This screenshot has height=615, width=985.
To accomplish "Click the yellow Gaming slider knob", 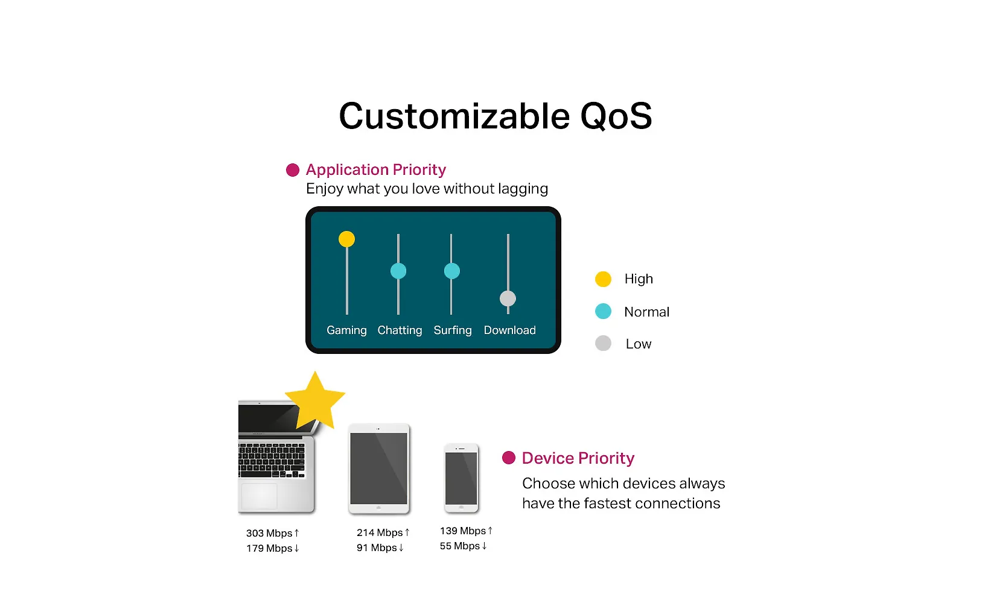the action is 346,239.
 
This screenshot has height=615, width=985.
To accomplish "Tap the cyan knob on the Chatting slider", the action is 398,271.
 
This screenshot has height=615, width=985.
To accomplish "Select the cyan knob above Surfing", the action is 451,271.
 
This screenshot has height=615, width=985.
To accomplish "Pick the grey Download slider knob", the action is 508,298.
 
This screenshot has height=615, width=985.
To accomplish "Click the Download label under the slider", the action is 509,330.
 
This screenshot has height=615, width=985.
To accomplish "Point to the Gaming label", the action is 346,330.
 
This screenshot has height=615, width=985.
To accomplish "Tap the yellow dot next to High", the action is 603,279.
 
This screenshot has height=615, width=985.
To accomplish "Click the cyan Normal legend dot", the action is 603,311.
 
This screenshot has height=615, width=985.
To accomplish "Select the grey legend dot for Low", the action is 603,343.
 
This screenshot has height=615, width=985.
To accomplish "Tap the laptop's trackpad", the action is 259,496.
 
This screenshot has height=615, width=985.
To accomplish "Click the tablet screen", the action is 378,468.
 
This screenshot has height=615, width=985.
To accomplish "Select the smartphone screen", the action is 461,478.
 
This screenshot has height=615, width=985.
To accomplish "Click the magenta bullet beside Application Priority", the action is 292,170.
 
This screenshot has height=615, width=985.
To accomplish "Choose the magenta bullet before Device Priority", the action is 509,458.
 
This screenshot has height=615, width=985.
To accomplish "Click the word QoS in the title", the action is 616,116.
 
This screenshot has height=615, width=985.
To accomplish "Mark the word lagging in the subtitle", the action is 523,189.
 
